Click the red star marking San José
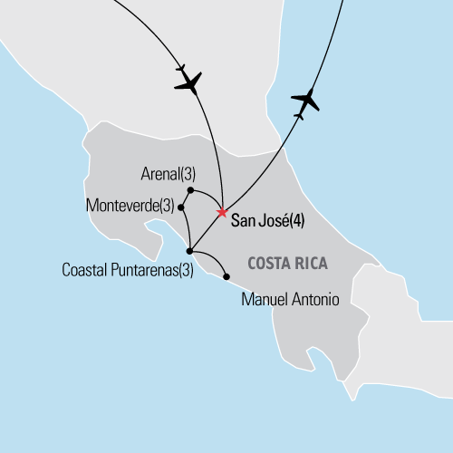221,213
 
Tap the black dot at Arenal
189,190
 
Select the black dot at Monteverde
182,207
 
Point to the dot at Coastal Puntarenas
188,250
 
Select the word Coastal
86,270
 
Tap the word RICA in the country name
310,263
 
